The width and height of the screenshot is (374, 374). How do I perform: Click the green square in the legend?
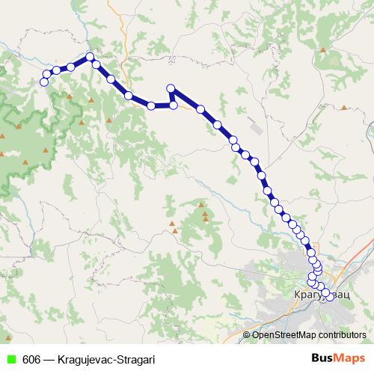pyautogui.click(x=10, y=359)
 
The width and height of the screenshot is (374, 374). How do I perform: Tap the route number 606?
pyautogui.click(x=31, y=359)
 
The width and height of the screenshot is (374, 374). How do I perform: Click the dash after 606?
pyautogui.click(x=47, y=359)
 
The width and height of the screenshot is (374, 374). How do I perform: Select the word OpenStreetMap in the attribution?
pyautogui.click(x=285, y=335)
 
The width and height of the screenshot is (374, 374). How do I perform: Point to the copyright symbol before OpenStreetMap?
pyautogui.click(x=248, y=335)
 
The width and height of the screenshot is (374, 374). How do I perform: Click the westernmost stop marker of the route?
pyautogui.click(x=43, y=82)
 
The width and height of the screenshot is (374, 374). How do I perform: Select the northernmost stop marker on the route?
pyautogui.click(x=90, y=57)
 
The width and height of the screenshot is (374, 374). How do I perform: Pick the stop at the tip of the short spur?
pyautogui.click(x=171, y=88)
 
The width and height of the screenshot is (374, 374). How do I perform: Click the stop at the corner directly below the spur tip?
pyautogui.click(x=174, y=105)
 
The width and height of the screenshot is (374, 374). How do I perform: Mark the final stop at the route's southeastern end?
pyautogui.click(x=329, y=296)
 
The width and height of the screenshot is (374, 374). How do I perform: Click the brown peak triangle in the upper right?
pyautogui.click(x=323, y=50)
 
